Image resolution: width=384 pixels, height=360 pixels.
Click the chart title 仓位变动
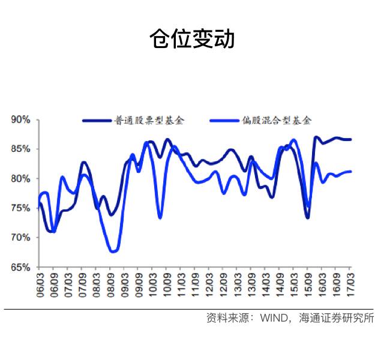pyautogui.click(x=191, y=39)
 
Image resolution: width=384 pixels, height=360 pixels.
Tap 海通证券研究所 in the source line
pyautogui.click(x=337, y=319)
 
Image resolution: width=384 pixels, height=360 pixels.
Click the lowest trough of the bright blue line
pyautogui.click(x=113, y=251)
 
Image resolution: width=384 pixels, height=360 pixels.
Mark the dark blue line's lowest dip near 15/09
pyautogui.click(x=307, y=217)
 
